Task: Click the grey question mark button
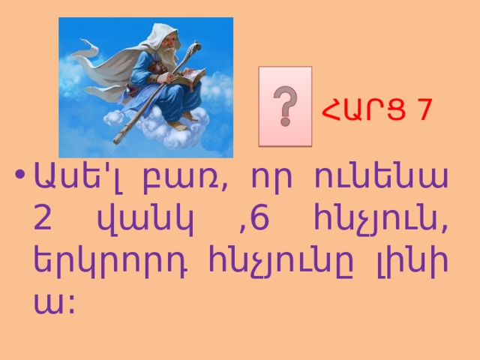coord(285,106)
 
